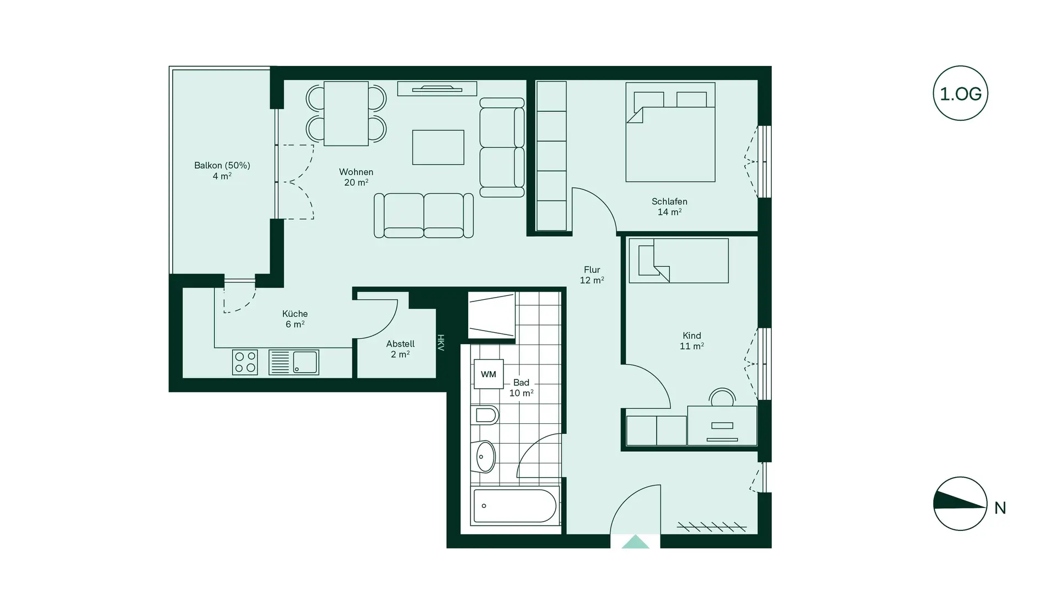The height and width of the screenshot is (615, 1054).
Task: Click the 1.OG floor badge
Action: pos(960,93)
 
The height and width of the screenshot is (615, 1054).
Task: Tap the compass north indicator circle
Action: pos(960,504)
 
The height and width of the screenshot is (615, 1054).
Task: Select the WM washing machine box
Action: pos(489,374)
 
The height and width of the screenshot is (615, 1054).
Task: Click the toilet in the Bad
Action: pos(484,415)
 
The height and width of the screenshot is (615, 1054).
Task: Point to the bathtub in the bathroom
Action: pos(515,506)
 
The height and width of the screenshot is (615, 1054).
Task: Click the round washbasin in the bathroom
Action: pos(484,456)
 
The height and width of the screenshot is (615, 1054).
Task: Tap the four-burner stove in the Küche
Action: pos(245,362)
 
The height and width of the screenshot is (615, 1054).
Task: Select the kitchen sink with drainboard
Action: pos(294,362)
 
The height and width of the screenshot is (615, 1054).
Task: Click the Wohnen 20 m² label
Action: pos(356,177)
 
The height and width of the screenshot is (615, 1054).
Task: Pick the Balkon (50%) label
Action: pos(222,170)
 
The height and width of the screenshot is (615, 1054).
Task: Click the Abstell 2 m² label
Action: pos(400,349)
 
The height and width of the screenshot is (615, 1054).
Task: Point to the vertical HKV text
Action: pos(440,343)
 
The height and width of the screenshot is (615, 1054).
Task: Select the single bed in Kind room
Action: pos(679,260)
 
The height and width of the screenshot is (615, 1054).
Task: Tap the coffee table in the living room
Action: pos(438,147)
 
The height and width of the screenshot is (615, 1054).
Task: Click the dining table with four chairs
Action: pos(346,114)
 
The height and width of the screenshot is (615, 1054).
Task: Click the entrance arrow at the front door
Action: pos(635,542)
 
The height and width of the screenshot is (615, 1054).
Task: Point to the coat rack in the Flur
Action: pos(711,528)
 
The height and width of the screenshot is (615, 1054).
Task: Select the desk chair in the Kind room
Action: pos(722,397)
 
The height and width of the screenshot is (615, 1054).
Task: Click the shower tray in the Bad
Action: pos(491,315)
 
